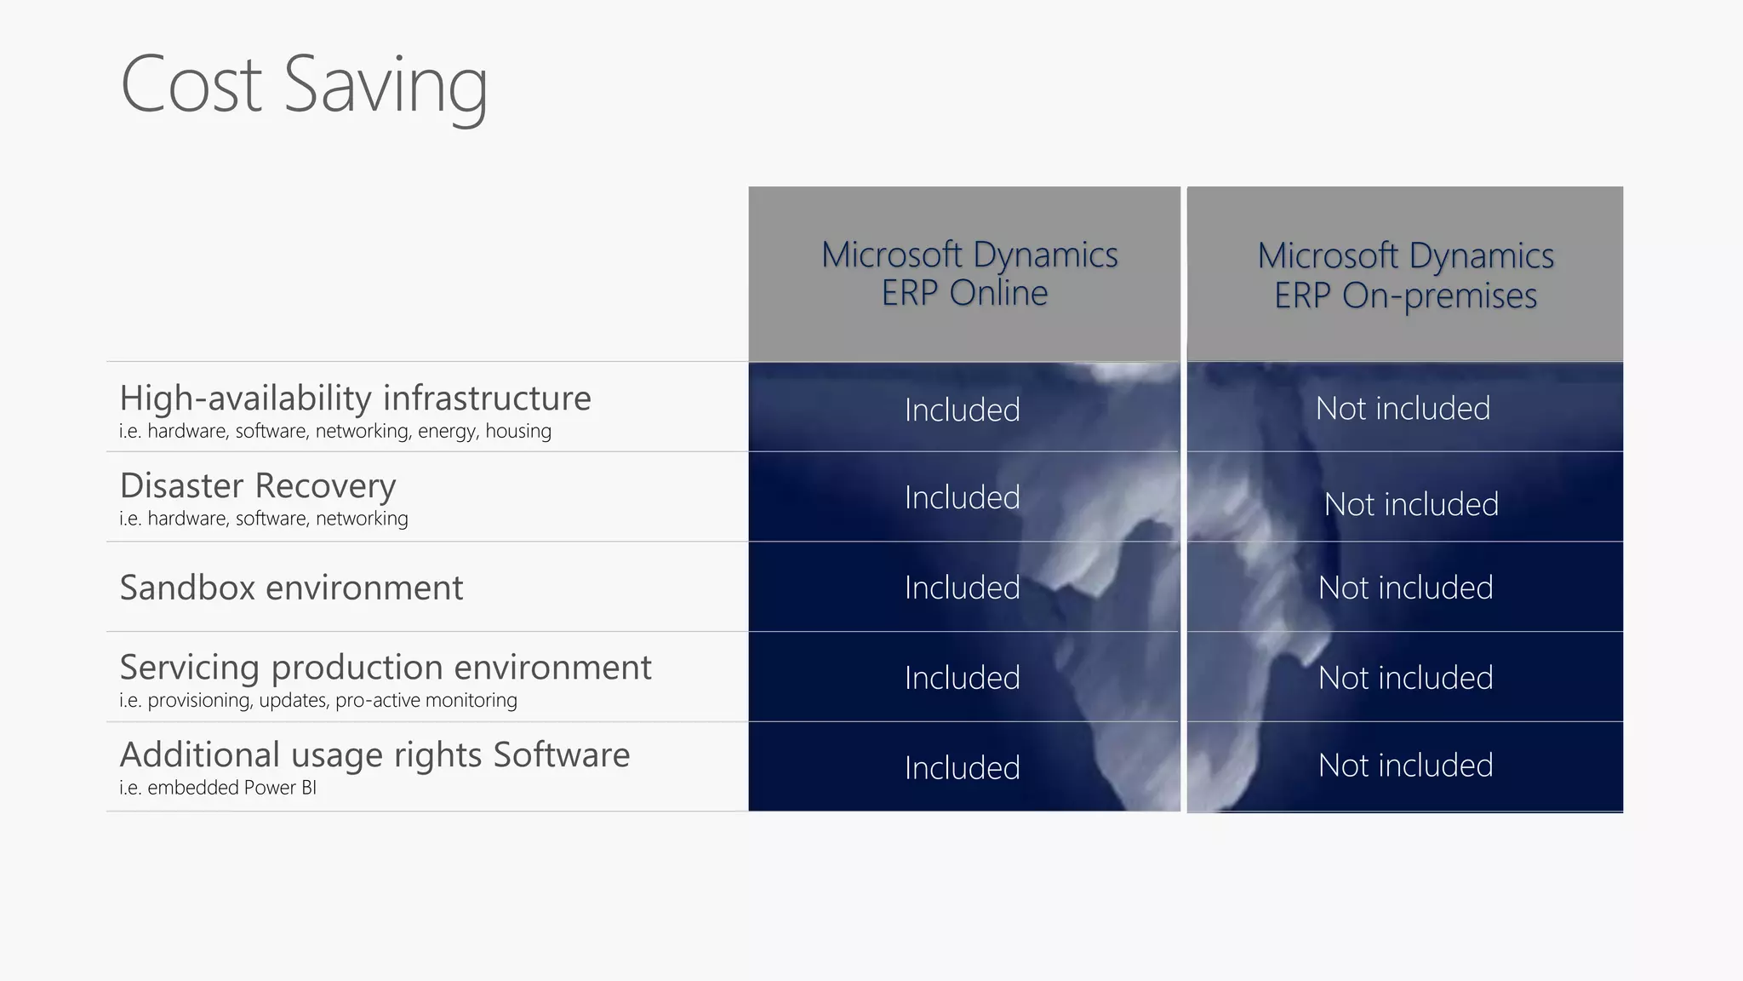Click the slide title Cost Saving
click(304, 85)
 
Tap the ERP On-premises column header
click(1405, 275)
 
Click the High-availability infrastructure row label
click(355, 398)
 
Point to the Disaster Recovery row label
click(258, 485)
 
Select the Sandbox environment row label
click(291, 588)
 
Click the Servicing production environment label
click(385, 667)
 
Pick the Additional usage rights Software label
click(374, 754)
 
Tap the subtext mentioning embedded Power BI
click(218, 788)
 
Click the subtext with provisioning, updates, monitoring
click(317, 700)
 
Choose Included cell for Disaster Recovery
click(962, 497)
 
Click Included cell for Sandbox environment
click(962, 588)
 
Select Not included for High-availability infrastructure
click(1403, 409)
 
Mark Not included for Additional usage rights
click(1405, 766)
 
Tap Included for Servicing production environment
click(962, 678)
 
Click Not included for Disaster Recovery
click(1411, 504)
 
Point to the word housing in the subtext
click(517, 431)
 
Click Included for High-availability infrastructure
click(962, 410)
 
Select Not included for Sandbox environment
click(1405, 588)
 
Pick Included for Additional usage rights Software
click(962, 768)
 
